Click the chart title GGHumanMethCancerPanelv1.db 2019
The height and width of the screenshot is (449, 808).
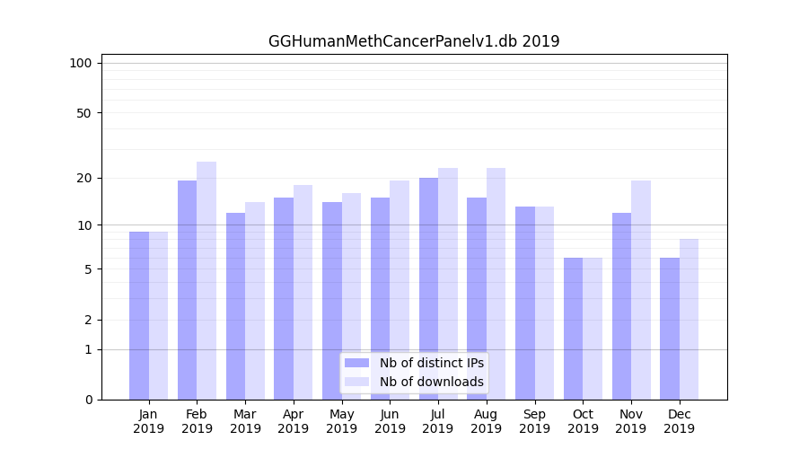(414, 41)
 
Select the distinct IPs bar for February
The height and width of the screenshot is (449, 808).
(187, 289)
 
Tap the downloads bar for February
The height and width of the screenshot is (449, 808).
(206, 280)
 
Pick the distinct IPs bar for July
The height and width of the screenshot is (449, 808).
(428, 288)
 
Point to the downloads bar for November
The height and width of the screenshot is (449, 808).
(641, 289)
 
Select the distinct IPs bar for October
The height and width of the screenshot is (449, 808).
(573, 328)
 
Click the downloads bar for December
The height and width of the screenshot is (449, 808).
(689, 319)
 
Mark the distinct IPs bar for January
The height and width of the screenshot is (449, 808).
(139, 315)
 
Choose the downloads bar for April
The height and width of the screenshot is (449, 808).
(303, 292)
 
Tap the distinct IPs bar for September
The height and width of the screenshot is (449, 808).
(525, 303)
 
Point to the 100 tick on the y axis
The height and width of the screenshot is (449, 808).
(81, 63)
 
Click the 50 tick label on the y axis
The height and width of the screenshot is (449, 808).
(83, 113)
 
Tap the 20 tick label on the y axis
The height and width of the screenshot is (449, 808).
(83, 178)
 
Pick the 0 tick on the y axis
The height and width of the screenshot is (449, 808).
(88, 400)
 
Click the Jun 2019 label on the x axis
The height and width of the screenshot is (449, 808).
(390, 421)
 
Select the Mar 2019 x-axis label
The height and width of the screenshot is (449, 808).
(245, 421)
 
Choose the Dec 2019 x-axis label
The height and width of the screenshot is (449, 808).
(679, 421)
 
